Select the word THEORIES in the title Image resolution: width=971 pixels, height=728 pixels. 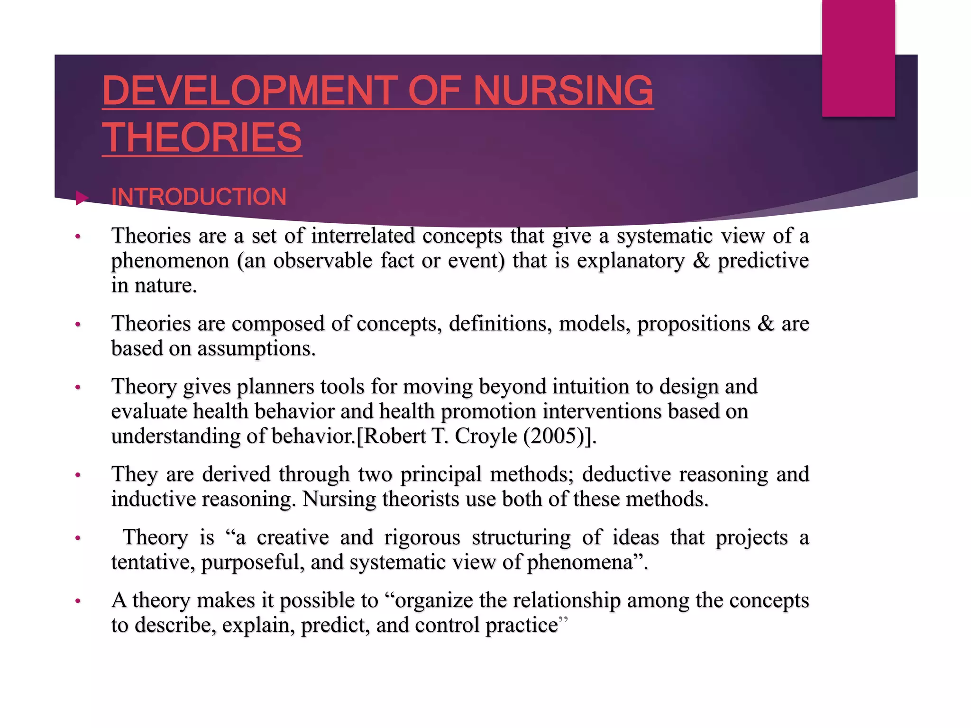[x=202, y=137]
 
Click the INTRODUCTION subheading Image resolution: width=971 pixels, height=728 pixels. [x=199, y=197]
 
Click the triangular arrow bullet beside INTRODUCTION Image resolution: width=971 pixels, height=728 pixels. [x=82, y=198]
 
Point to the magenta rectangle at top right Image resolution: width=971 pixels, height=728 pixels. [x=858, y=58]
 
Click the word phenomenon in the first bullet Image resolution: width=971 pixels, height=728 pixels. [x=170, y=261]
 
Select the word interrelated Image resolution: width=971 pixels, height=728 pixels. [x=363, y=236]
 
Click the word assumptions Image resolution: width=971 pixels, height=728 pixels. [x=256, y=349]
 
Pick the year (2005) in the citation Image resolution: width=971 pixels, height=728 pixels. [x=553, y=436]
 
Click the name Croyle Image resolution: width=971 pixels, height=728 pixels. [x=485, y=436]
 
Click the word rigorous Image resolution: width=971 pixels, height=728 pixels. [x=422, y=537]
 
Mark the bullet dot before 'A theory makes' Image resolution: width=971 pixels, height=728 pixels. [x=78, y=601]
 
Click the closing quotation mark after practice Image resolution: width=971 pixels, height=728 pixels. [x=563, y=620]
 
